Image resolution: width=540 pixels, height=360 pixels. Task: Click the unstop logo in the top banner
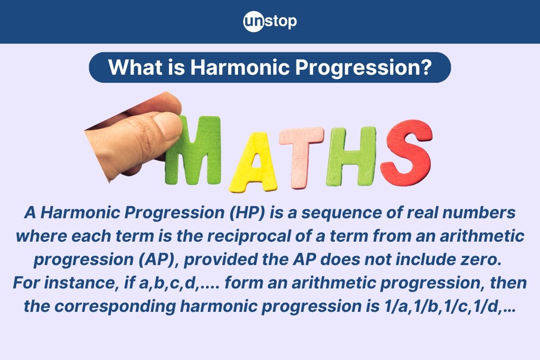(x=270, y=21)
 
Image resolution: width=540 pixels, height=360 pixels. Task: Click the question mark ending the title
(x=426, y=67)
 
